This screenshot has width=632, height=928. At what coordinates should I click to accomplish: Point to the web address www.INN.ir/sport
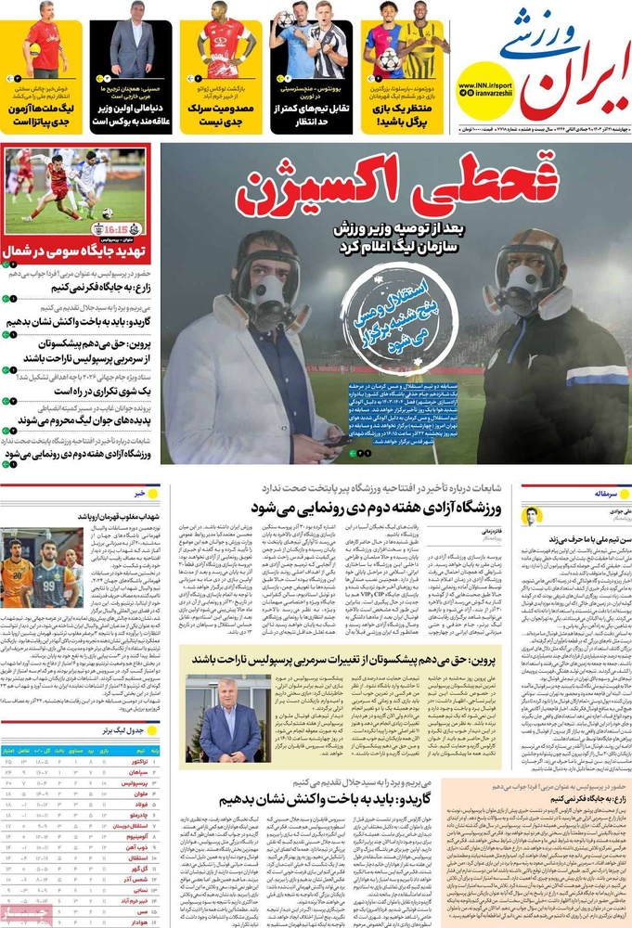click(x=484, y=86)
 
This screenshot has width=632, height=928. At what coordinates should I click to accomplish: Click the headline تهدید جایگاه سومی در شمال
click(x=76, y=250)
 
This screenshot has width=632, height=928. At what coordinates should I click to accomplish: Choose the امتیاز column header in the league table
click(x=14, y=748)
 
